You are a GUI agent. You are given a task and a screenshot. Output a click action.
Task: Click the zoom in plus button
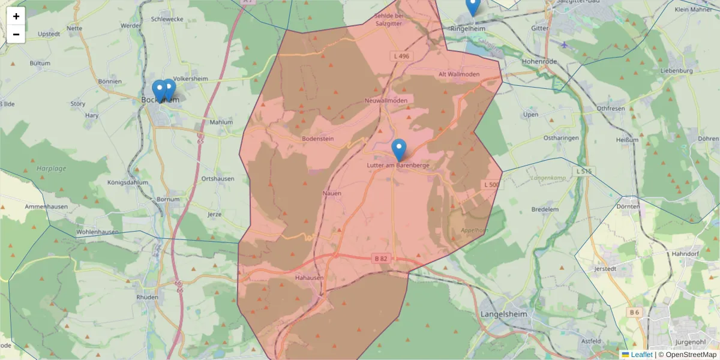[x=16, y=16]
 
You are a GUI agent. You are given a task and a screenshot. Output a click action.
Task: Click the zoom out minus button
[x=16, y=34]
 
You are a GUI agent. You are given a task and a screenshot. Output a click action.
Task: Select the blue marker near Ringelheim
[x=473, y=6]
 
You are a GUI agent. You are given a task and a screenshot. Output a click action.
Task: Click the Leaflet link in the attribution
[x=641, y=355]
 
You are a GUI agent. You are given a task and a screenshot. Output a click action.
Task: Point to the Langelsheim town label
[x=503, y=314]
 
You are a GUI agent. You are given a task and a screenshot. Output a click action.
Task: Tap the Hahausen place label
[x=310, y=278]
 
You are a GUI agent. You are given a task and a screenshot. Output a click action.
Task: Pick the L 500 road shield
[x=491, y=185]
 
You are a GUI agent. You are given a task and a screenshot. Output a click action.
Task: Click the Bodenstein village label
[x=317, y=139]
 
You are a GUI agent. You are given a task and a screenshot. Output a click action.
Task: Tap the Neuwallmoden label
[x=386, y=100]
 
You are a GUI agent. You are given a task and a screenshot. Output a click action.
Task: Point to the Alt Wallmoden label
[x=460, y=74]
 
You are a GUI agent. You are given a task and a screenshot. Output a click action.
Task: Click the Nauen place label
[x=332, y=193]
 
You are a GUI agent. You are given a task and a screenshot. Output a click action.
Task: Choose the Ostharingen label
[x=544, y=138]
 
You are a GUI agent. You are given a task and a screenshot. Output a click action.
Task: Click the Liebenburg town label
[x=675, y=71]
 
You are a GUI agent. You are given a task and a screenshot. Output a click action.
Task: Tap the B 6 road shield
[x=635, y=313]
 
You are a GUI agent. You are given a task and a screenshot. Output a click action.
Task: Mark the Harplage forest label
[x=51, y=169]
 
